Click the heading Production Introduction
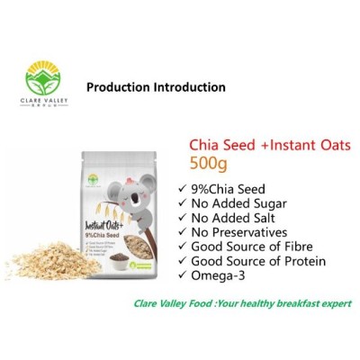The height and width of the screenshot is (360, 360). pos(156,88)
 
